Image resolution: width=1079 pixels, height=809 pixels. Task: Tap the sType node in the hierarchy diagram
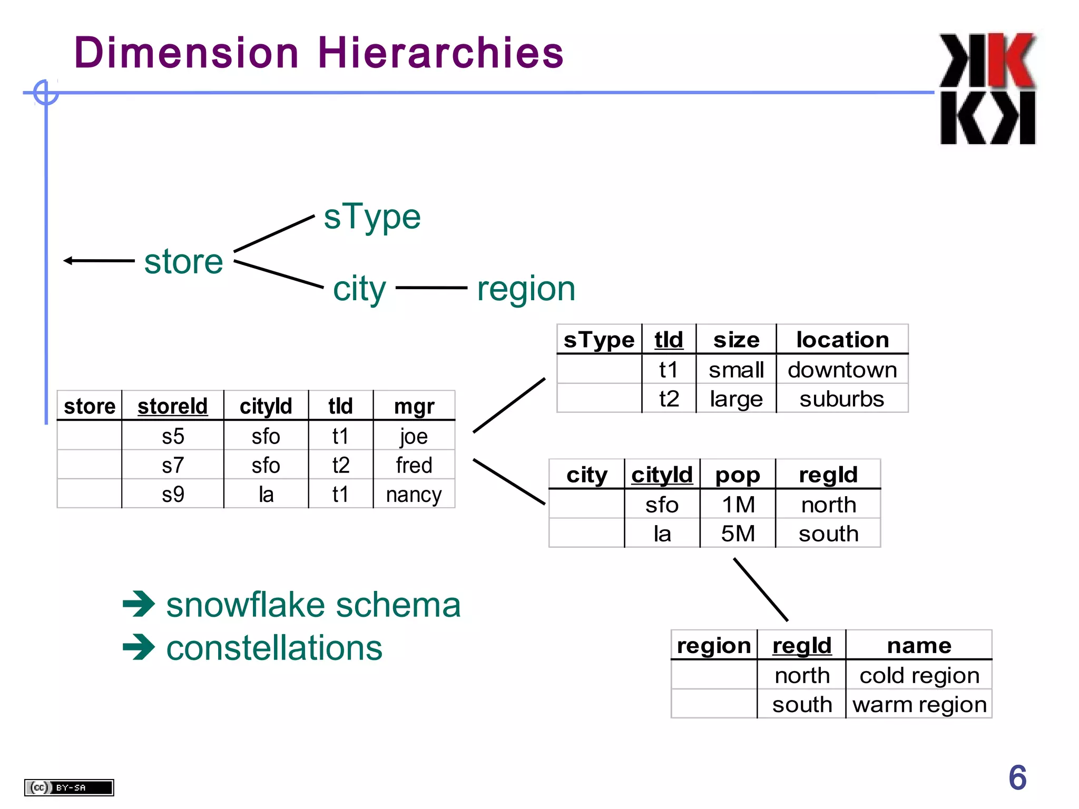click(x=372, y=216)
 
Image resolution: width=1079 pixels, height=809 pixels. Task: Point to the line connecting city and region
click(x=431, y=288)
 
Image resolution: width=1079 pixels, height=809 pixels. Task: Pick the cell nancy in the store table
click(x=414, y=495)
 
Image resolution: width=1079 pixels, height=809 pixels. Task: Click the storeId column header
click(x=172, y=406)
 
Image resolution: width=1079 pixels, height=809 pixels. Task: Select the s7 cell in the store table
click(x=172, y=465)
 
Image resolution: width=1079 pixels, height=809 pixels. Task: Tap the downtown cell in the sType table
click(x=842, y=370)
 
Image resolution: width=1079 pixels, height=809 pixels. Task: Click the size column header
click(x=736, y=340)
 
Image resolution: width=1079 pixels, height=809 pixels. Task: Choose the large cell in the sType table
click(x=736, y=399)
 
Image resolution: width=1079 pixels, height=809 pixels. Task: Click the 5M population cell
click(x=738, y=534)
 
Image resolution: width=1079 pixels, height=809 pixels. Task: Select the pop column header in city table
click(x=738, y=475)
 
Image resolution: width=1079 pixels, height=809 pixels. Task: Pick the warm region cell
click(x=919, y=704)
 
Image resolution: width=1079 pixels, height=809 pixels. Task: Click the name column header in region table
click(x=919, y=645)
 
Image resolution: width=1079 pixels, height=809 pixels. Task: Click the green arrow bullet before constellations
click(x=139, y=647)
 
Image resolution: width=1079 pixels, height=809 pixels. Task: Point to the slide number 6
click(x=1017, y=777)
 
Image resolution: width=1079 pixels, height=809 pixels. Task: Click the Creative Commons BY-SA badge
click(x=69, y=787)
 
